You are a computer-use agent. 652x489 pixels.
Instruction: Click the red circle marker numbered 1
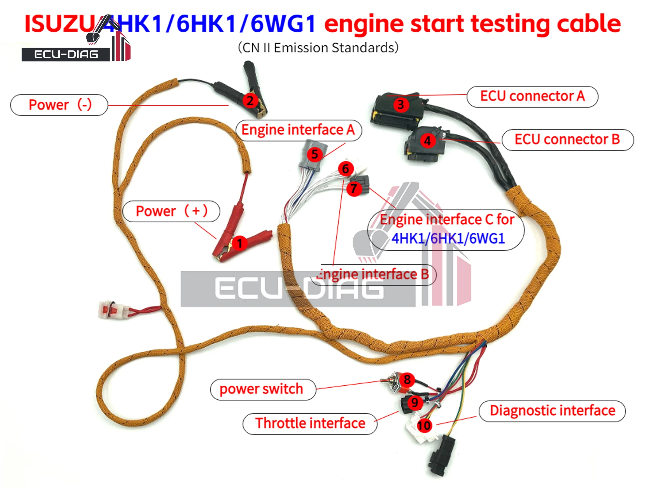point(240,243)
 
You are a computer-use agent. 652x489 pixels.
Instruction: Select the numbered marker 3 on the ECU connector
point(401,105)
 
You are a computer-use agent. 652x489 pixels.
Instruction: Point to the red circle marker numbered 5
point(315,154)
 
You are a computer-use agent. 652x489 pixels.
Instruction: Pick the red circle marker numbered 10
point(424,425)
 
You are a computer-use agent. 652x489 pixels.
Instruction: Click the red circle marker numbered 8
point(407,379)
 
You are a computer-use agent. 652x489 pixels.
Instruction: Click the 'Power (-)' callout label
point(59,105)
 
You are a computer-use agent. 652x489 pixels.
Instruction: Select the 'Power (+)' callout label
point(171,211)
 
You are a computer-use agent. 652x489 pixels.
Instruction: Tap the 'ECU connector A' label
point(532,96)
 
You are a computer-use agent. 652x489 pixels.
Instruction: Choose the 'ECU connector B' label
point(567,140)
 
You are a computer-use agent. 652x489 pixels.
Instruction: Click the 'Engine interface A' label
point(298,130)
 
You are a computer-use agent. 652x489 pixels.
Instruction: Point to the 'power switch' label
point(262,389)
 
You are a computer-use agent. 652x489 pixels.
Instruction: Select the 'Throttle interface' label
point(310,423)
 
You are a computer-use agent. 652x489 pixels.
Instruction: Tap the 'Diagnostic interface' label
point(552,411)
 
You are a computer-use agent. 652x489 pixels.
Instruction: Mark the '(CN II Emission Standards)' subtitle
point(318,48)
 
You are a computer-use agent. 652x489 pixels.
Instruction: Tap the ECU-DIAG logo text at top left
point(66,54)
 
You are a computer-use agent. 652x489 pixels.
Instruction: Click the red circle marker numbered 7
point(354,189)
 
